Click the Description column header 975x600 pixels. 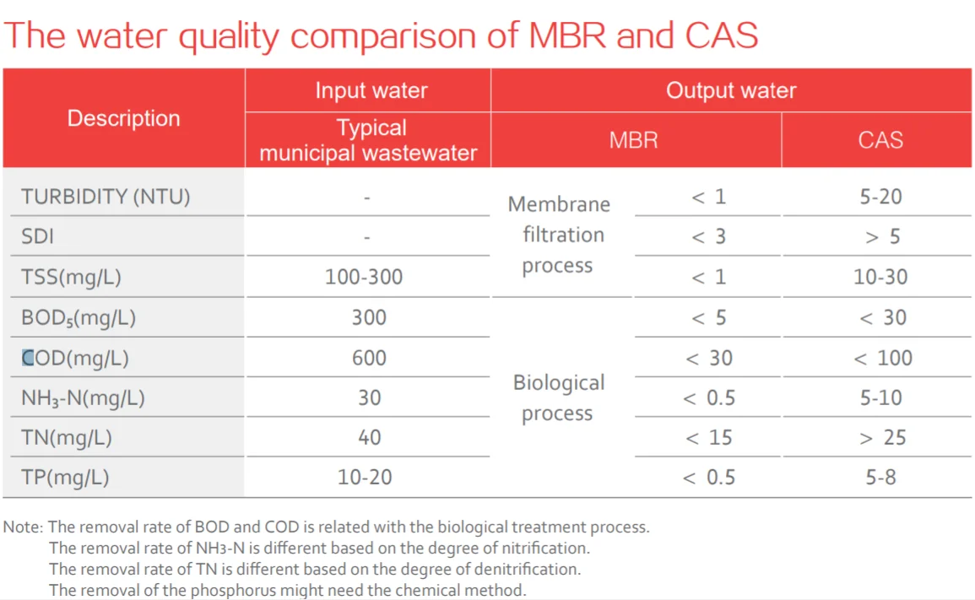pyautogui.click(x=123, y=118)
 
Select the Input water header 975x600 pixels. pyautogui.click(x=371, y=90)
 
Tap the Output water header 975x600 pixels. pyautogui.click(x=730, y=90)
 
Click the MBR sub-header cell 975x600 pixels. pyautogui.click(x=633, y=139)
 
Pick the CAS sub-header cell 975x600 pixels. pyautogui.click(x=880, y=139)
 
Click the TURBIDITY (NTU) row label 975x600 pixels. pyautogui.click(x=106, y=197)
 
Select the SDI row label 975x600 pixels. pyautogui.click(x=37, y=236)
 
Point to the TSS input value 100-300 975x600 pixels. pyautogui.click(x=364, y=277)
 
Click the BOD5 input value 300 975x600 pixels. pyautogui.click(x=369, y=317)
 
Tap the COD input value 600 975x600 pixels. pyautogui.click(x=369, y=358)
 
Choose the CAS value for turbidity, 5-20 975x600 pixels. pyautogui.click(x=880, y=197)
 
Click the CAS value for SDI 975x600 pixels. pyautogui.click(x=882, y=237)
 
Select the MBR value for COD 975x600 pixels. pyautogui.click(x=708, y=358)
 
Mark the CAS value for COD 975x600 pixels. pyautogui.click(x=882, y=358)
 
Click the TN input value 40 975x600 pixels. pyautogui.click(x=369, y=438)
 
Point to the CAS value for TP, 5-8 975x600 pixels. pyautogui.click(x=880, y=478)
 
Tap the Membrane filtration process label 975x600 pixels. pyautogui.click(x=558, y=235)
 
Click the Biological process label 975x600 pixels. pyautogui.click(x=558, y=397)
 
